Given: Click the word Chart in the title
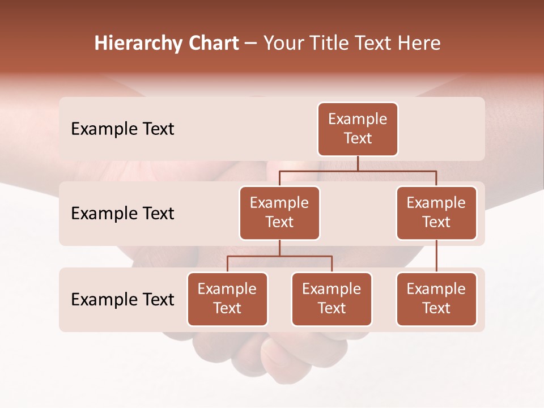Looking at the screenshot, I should (213, 44).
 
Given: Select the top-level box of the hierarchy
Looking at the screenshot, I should (358, 129).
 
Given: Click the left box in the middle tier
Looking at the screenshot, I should (279, 212).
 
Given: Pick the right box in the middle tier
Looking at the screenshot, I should (436, 212).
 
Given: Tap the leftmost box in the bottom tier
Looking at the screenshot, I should (227, 299).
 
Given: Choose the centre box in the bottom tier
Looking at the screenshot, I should (331, 299).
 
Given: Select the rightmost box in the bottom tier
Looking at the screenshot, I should (436, 299).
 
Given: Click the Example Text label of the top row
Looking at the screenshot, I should (122, 129).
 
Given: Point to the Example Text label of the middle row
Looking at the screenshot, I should (122, 213).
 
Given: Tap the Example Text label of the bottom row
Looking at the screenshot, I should (122, 299).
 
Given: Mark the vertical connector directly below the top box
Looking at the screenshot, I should (358, 163).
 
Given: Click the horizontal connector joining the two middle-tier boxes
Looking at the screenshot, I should (358, 171).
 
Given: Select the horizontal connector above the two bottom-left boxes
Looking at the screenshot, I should (279, 256).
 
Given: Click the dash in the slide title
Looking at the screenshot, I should (251, 44).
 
